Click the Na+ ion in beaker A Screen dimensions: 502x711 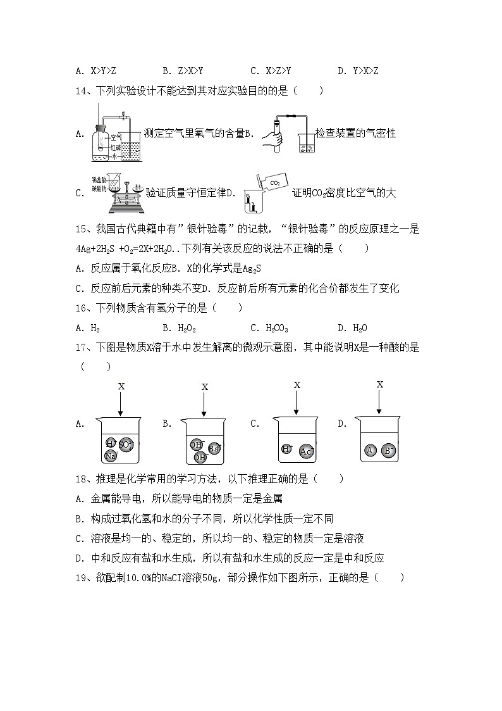pyautogui.click(x=111, y=455)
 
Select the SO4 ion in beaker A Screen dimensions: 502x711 pyautogui.click(x=126, y=444)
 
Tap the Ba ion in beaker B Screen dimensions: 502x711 pyautogui.click(x=214, y=448)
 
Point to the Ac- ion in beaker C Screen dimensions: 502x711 pyautogui.click(x=307, y=451)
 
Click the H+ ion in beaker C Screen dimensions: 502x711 pyautogui.click(x=286, y=449)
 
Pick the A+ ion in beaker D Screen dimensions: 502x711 pyautogui.click(x=372, y=451)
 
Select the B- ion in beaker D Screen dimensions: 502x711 pyautogui.click(x=389, y=451)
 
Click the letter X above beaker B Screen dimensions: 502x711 pyautogui.click(x=204, y=386)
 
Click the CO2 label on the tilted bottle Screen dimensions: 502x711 pyautogui.click(x=274, y=183)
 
